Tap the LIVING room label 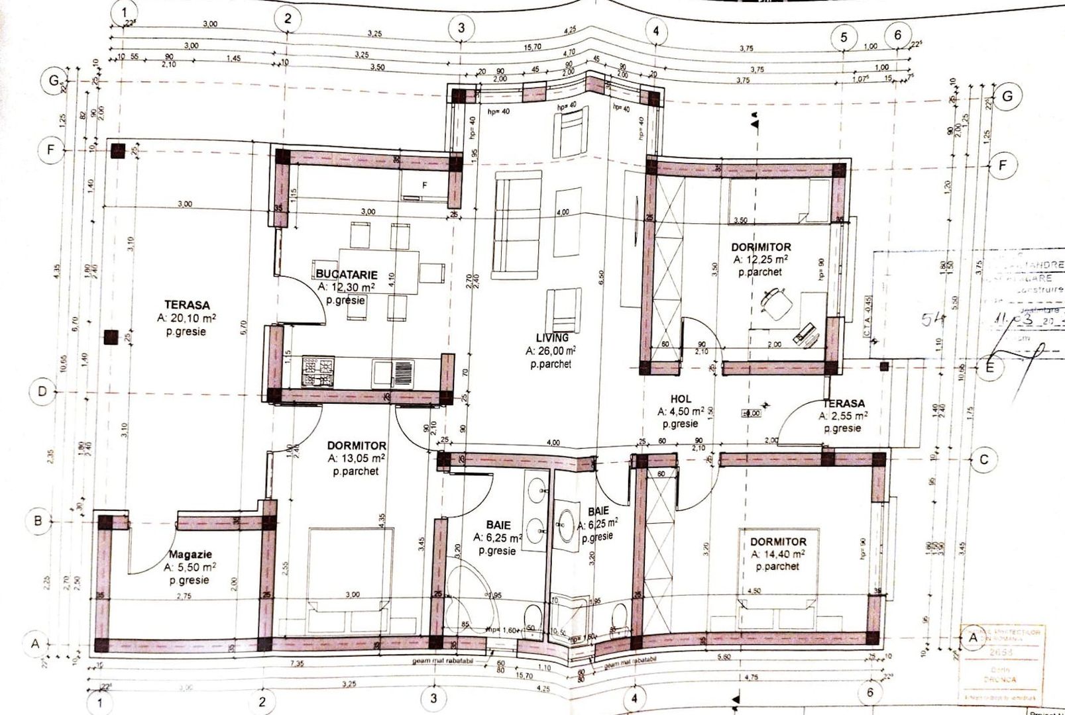[552, 338]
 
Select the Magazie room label [190, 555]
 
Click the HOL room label [681, 399]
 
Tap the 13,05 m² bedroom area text [356, 458]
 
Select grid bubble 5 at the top [844, 37]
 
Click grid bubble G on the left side [50, 81]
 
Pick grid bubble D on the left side [42, 391]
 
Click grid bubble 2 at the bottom [262, 702]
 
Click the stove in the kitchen [317, 371]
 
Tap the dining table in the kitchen [378, 270]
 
